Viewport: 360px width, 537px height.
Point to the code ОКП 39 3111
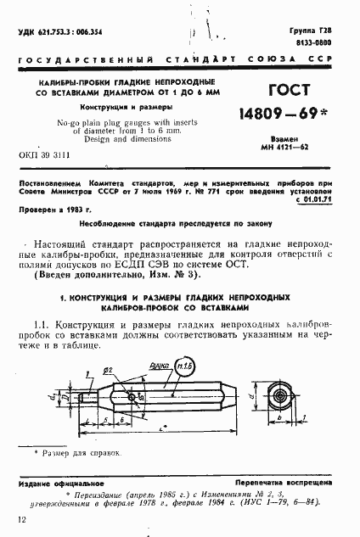43,156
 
